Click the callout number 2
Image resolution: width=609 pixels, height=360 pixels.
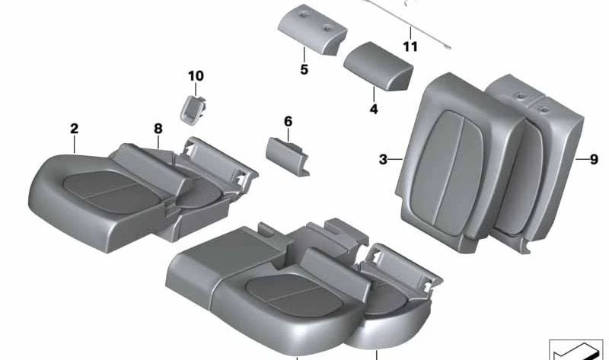(74, 129)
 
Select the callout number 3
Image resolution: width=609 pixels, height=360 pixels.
(383, 159)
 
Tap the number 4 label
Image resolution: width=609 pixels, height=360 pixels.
(374, 110)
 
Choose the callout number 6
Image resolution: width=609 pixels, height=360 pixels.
(288, 121)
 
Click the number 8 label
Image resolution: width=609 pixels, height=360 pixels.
(158, 129)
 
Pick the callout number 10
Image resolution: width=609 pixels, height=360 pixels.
(196, 75)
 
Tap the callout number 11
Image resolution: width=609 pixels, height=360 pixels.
(410, 47)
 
